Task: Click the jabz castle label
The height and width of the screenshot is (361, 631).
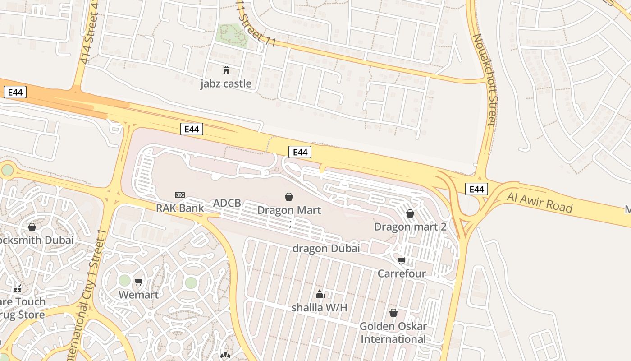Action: click(x=226, y=84)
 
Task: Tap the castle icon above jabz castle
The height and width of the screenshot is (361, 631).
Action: click(x=226, y=70)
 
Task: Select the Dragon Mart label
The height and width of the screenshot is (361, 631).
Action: click(x=289, y=210)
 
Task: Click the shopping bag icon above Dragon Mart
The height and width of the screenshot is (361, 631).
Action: click(x=289, y=197)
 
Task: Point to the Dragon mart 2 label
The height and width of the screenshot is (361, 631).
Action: click(x=410, y=227)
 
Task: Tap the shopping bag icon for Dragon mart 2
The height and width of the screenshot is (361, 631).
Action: click(x=410, y=213)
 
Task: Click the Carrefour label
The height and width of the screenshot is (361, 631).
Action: click(x=402, y=273)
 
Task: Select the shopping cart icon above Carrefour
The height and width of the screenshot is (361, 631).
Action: click(x=402, y=260)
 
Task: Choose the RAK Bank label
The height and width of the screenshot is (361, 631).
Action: click(x=180, y=208)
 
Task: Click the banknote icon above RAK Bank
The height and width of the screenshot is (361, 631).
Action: click(x=180, y=195)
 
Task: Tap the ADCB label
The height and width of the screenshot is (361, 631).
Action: click(x=227, y=203)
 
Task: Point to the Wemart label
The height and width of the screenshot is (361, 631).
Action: click(x=138, y=295)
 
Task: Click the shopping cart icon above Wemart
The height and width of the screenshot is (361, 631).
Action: click(x=139, y=282)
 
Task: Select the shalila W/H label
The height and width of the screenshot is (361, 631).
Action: click(x=320, y=308)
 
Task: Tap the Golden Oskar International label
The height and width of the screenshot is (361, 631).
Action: click(x=393, y=333)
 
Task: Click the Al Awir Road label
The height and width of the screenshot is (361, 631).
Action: click(x=540, y=202)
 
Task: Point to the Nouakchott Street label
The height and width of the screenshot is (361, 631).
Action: click(x=485, y=79)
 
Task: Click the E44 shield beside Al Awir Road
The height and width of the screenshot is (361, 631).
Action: click(x=476, y=189)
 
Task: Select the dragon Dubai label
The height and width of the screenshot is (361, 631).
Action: click(x=326, y=248)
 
